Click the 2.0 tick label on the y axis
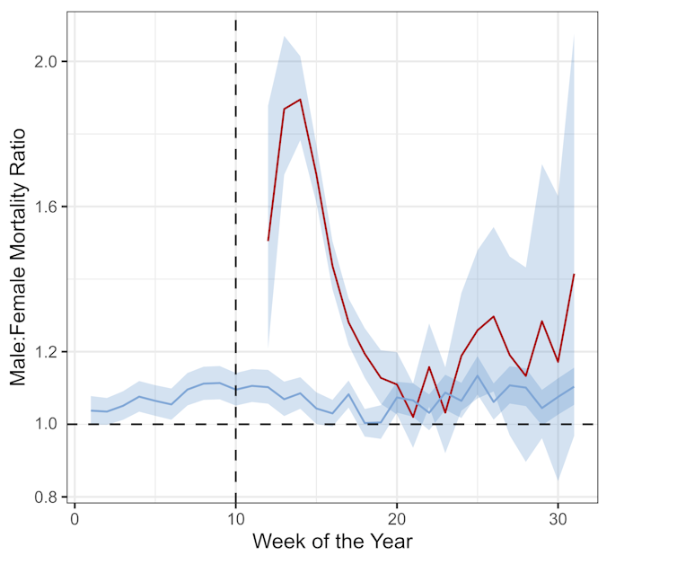pos(46,61)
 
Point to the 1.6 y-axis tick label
pos(46,207)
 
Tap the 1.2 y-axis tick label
pos(46,351)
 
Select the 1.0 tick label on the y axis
pos(46,424)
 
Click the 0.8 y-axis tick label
pos(46,497)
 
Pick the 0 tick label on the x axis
pos(75,520)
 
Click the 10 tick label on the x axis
pos(235,520)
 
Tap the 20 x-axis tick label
pos(397,520)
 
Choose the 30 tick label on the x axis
pos(558,520)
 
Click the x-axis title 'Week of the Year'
pos(332,542)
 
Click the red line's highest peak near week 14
pos(300,100)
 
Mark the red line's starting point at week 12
pos(268,241)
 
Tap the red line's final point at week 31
pos(574,274)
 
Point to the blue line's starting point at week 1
pos(91,410)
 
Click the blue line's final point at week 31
pos(574,386)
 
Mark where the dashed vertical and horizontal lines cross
pos(235,424)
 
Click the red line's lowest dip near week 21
pos(413,417)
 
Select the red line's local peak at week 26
pos(493,316)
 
